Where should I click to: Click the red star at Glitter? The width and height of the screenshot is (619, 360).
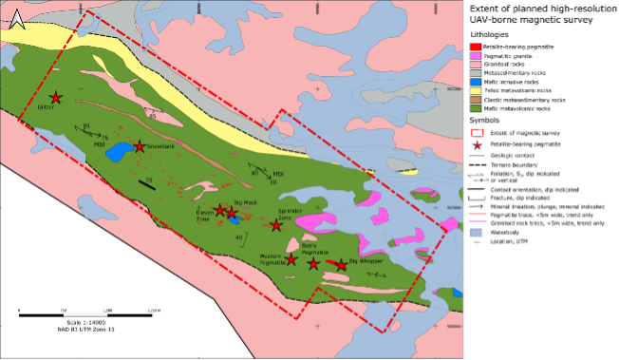[56, 98]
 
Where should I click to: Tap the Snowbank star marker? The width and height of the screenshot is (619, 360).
[140, 146]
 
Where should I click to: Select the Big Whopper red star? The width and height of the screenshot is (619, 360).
[341, 265]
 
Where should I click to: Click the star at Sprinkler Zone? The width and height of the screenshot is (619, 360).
[278, 224]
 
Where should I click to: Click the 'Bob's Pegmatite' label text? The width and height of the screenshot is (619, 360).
[314, 246]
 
